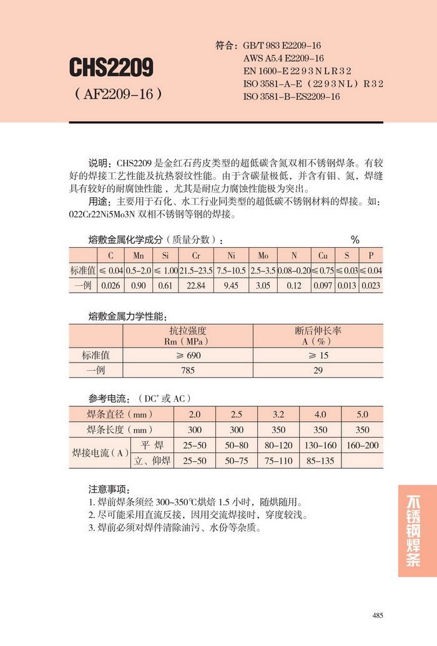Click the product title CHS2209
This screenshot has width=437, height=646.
click(112, 67)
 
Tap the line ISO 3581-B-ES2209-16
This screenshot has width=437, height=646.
click(291, 97)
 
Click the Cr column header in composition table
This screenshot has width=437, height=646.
click(196, 255)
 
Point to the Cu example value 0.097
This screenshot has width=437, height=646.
click(323, 285)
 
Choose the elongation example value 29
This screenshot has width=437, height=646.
click(318, 370)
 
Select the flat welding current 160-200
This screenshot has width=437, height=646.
click(362, 445)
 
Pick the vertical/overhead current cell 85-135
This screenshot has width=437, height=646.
click(320, 461)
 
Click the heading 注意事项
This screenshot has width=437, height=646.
click(109, 489)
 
